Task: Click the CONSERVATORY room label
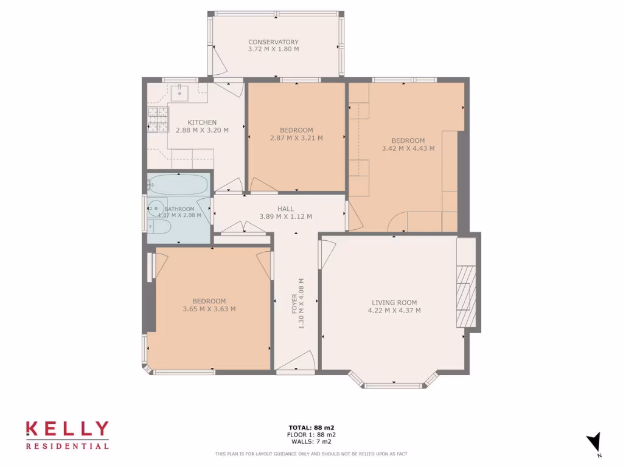click(x=273, y=42)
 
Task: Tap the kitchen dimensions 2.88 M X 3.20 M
click(x=202, y=130)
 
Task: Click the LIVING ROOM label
click(x=394, y=302)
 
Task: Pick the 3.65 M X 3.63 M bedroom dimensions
click(x=209, y=309)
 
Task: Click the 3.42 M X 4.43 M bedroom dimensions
click(x=408, y=148)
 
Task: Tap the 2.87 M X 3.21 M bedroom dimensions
click(x=296, y=138)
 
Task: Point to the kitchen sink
click(x=181, y=93)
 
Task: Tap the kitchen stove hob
click(x=157, y=119)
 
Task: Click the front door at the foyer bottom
click(x=295, y=362)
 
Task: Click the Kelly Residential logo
click(x=68, y=435)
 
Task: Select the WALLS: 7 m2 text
click(x=311, y=442)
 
